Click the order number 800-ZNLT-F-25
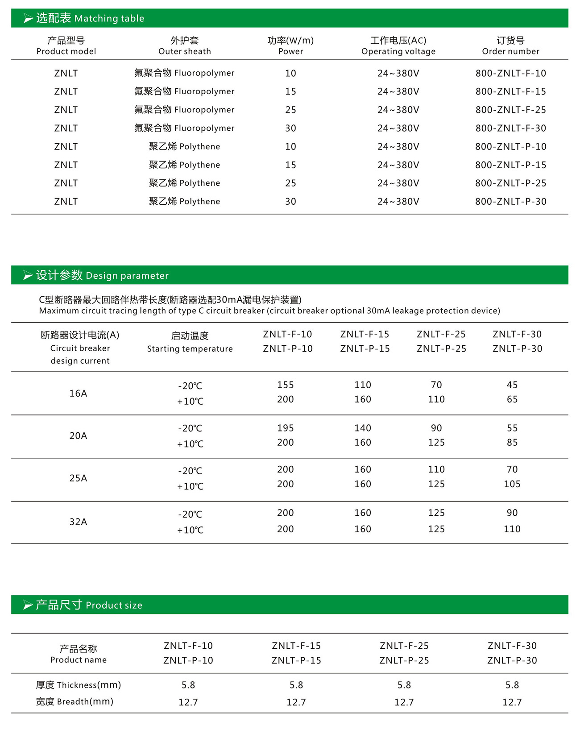pyautogui.click(x=510, y=110)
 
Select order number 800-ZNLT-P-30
pyautogui.click(x=510, y=202)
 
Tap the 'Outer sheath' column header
pyautogui.click(x=185, y=46)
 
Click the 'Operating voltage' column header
pyautogui.click(x=398, y=46)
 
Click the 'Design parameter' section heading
pyautogui.click(x=103, y=275)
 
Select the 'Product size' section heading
pyautogui.click(x=89, y=605)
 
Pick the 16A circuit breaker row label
pyautogui.click(x=78, y=393)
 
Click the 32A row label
pyautogui.click(x=78, y=522)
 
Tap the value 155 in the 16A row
pyautogui.click(x=286, y=385)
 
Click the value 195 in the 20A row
pyautogui.click(x=286, y=428)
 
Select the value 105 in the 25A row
pyautogui.click(x=512, y=484)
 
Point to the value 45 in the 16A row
pyautogui.click(x=512, y=385)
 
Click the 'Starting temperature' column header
pyautogui.click(x=190, y=342)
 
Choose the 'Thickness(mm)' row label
pyautogui.click(x=79, y=685)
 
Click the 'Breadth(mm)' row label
pyautogui.click(x=75, y=701)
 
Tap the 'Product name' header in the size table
pyautogui.click(x=79, y=654)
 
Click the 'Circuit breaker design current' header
pyautogui.click(x=80, y=348)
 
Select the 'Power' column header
pyautogui.click(x=290, y=46)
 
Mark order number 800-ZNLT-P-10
pyautogui.click(x=510, y=147)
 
